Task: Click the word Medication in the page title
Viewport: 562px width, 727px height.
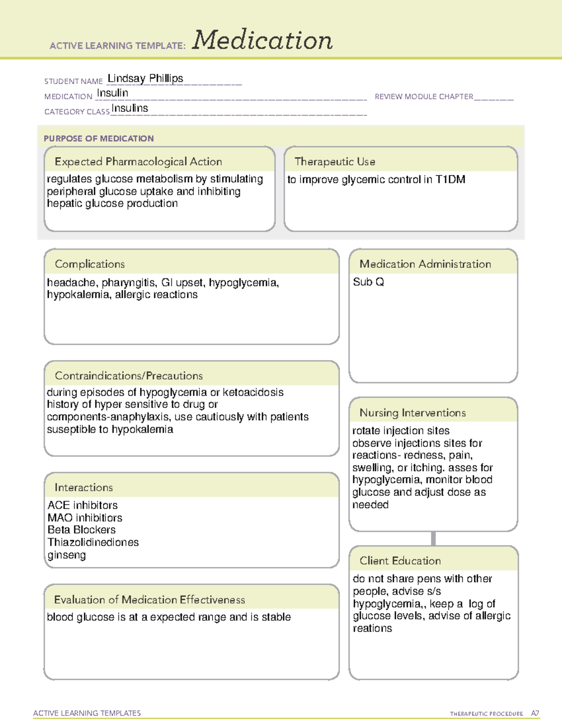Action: point(262,40)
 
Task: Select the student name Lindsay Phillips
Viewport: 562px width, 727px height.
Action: point(145,79)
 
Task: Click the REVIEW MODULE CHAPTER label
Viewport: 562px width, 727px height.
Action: point(424,97)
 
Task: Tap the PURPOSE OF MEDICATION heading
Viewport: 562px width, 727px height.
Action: point(99,139)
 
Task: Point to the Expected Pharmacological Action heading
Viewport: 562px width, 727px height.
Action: point(138,162)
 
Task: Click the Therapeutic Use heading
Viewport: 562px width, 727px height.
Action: point(335,162)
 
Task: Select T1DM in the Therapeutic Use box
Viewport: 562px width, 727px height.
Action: point(450,180)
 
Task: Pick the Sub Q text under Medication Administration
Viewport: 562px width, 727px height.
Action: point(369,282)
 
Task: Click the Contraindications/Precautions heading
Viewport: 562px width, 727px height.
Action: point(129,376)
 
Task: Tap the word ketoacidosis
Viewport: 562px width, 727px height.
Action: point(253,392)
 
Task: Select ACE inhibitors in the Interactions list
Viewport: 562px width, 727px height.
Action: point(82,506)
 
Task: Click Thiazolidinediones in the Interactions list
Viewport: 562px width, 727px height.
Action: point(93,543)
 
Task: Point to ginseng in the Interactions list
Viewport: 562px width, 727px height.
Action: point(67,555)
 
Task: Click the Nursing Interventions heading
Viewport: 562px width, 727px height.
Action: point(413,413)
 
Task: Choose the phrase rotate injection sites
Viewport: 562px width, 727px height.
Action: point(401,431)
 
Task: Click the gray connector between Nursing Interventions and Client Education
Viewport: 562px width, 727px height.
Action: point(433,538)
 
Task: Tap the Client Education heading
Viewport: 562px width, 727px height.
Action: point(400,561)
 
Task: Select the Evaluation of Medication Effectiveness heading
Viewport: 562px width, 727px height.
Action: point(149,600)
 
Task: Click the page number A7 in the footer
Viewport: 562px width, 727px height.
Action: point(535,713)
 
